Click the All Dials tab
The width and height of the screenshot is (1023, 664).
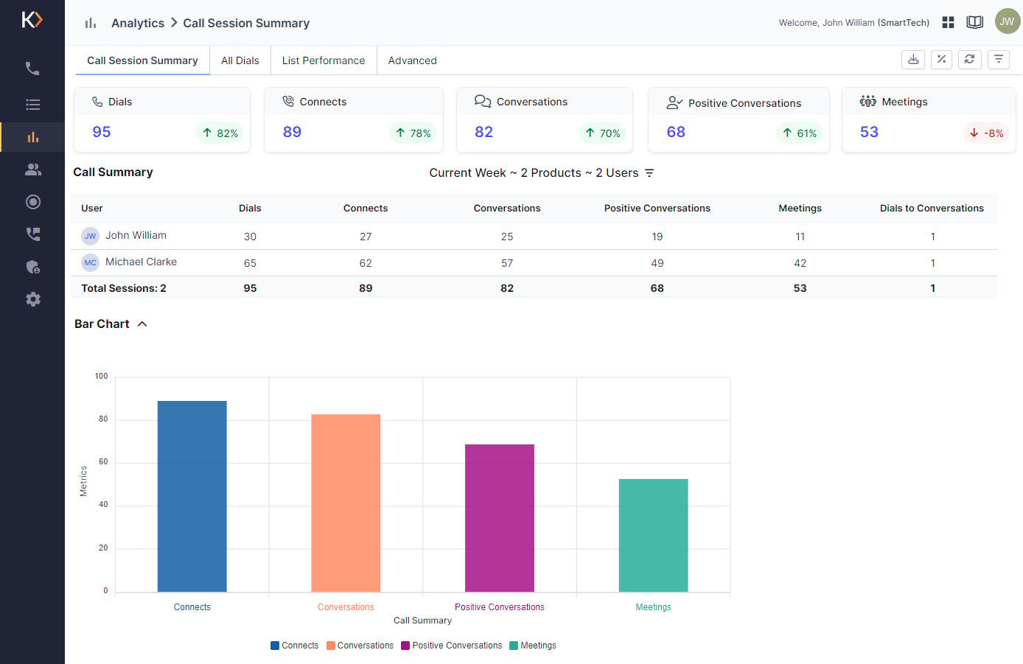click(x=240, y=60)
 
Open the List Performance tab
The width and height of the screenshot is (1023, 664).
click(x=323, y=60)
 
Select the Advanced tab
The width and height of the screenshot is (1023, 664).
click(x=412, y=60)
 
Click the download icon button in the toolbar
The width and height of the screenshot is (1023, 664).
click(x=913, y=60)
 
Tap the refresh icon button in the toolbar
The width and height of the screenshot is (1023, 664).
click(x=970, y=60)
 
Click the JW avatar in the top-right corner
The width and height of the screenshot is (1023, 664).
click(x=1007, y=22)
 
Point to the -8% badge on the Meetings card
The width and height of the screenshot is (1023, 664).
click(x=986, y=133)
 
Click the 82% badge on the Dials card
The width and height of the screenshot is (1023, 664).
click(x=220, y=133)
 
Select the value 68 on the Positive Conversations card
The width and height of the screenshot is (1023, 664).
click(x=676, y=132)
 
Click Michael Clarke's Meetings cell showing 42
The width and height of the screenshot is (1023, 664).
click(x=800, y=263)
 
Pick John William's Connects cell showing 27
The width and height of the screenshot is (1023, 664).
click(x=366, y=237)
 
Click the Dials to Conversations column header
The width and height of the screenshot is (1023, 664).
click(x=932, y=209)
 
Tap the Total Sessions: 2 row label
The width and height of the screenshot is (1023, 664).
click(x=124, y=288)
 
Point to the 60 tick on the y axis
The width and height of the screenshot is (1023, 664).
click(x=103, y=462)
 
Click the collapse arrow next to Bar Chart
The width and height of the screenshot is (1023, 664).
click(x=142, y=324)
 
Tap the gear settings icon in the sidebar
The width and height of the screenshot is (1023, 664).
click(x=32, y=299)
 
